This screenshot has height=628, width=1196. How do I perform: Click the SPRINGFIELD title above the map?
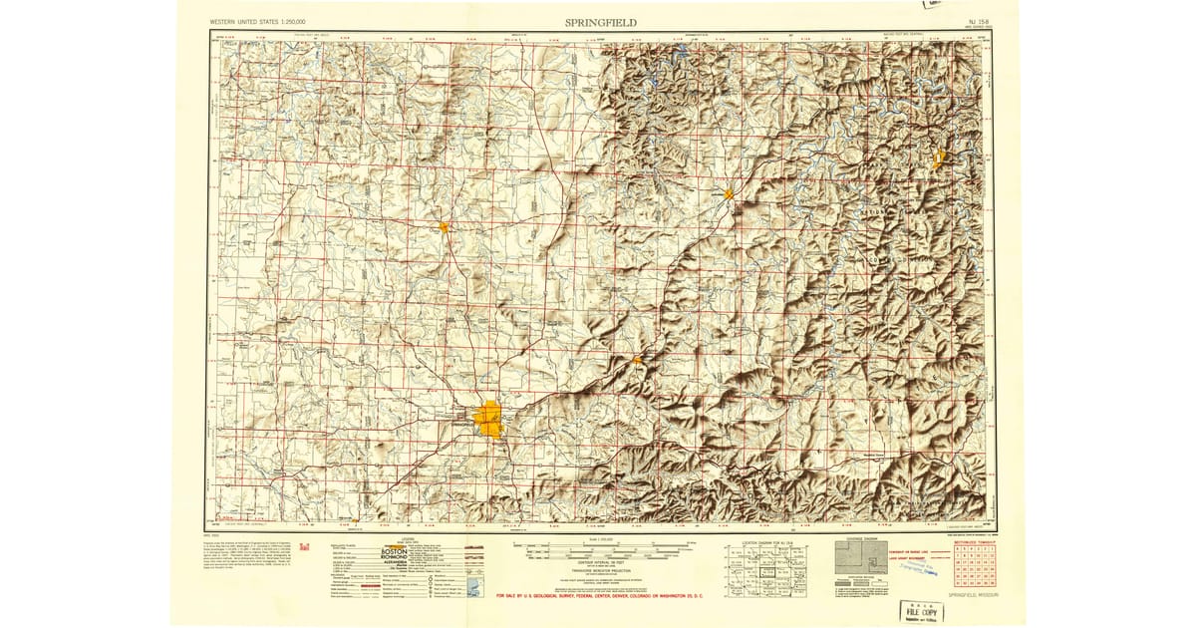(x=601, y=22)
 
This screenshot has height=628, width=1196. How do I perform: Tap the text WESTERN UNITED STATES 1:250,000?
(x=258, y=22)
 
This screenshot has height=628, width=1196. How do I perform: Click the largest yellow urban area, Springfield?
(x=489, y=418)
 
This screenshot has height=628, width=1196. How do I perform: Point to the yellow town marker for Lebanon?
(x=729, y=193)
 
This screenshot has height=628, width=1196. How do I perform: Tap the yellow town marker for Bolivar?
(x=443, y=227)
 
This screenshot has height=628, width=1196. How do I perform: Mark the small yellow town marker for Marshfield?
(x=636, y=359)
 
